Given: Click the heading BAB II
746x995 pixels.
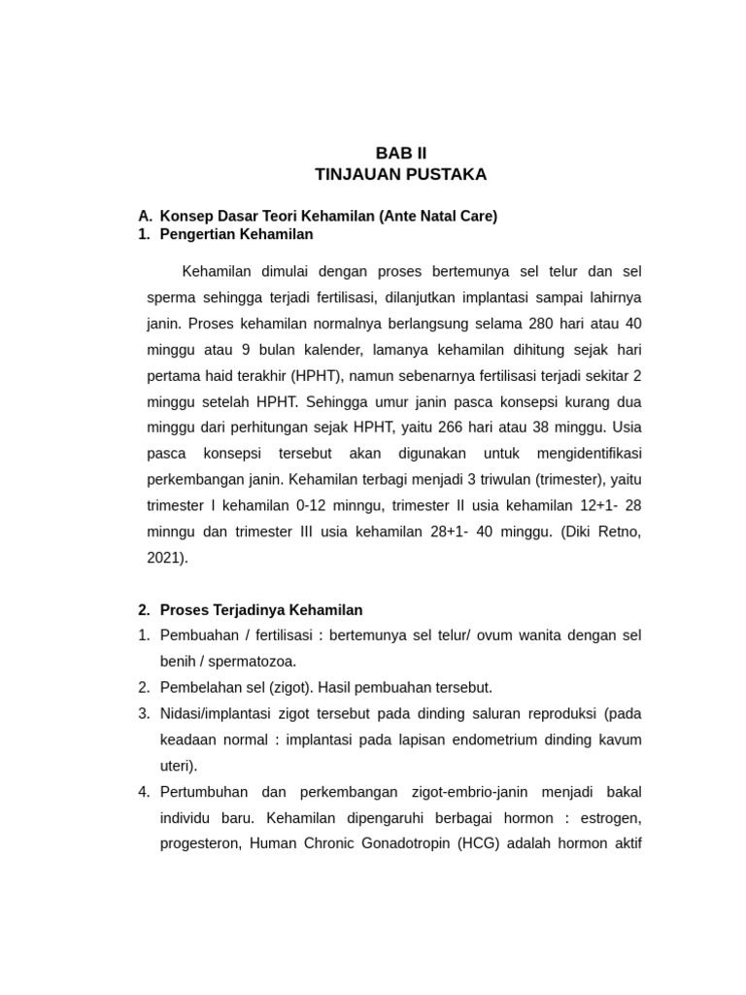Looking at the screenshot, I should click(x=400, y=154).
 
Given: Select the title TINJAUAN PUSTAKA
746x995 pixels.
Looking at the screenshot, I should click(x=400, y=175).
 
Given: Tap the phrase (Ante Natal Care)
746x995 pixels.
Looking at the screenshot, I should click(x=438, y=216).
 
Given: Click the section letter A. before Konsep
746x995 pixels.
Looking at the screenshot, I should click(x=146, y=216).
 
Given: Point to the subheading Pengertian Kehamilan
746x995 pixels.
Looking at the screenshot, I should click(x=237, y=234).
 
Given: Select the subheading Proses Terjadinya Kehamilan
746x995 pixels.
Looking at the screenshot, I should click(x=261, y=610).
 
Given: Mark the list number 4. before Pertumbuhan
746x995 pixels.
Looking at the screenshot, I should click(x=144, y=793).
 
